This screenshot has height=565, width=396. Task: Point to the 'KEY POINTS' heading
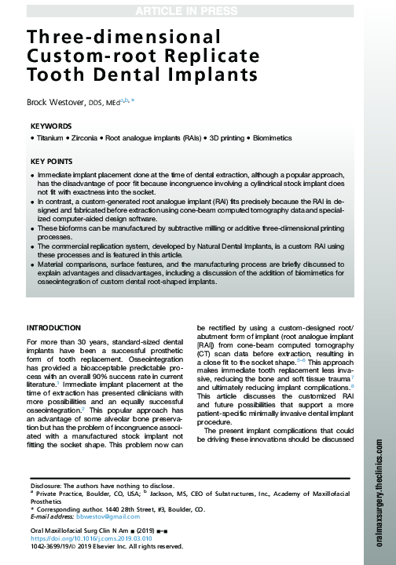(53, 162)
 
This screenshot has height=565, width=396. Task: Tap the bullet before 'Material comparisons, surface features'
(32, 265)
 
